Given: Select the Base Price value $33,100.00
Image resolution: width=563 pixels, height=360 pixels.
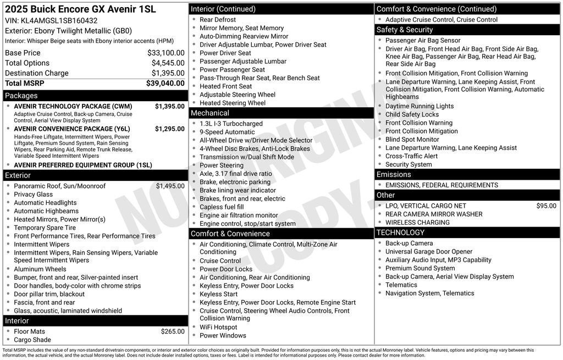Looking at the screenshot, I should click(x=165, y=53).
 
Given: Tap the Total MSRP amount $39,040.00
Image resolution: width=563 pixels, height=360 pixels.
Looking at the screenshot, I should click(x=165, y=83).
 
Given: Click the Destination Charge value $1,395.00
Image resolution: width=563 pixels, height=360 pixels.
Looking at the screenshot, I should click(x=168, y=73).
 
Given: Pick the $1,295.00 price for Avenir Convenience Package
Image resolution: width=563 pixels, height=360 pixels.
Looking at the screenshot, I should click(x=169, y=129).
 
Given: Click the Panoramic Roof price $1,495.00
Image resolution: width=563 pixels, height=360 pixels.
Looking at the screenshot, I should click(x=170, y=186).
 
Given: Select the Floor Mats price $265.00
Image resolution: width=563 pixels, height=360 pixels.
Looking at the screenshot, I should click(x=173, y=331).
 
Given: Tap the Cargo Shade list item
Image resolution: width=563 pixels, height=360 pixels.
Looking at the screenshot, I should click(x=32, y=340).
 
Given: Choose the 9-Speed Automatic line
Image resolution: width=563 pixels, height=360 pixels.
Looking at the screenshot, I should click(x=227, y=132).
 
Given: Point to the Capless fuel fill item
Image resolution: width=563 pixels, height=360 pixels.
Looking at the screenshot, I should click(x=222, y=207).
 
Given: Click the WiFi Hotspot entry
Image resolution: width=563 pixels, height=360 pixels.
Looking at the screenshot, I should click(x=218, y=327).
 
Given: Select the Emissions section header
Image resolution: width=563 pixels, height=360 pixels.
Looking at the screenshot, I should click(x=394, y=175).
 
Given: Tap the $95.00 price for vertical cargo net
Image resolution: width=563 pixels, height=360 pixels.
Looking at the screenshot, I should click(x=546, y=206).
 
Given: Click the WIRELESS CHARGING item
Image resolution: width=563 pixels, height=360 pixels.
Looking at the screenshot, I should click(x=417, y=223).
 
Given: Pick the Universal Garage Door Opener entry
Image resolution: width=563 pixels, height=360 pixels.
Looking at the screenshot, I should click(x=429, y=252).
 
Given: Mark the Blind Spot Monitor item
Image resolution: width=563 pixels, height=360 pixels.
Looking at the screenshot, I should click(x=412, y=140).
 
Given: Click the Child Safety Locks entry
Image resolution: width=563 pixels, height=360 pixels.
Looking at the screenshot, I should click(x=412, y=114).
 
